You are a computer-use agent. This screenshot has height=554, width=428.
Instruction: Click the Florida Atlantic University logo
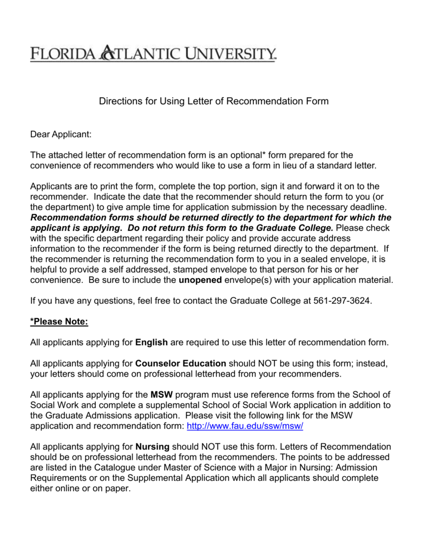pyautogui.click(x=153, y=54)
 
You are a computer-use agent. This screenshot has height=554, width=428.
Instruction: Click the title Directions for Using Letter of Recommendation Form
pyautogui.click(x=213, y=101)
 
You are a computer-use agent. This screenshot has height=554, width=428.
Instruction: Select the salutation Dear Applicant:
pyautogui.click(x=61, y=133)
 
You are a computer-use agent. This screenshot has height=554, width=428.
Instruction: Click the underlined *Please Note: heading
pyautogui.click(x=59, y=321)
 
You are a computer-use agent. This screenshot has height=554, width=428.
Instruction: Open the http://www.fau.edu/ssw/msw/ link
pyautogui.click(x=245, y=426)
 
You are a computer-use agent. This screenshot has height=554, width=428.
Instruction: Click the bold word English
pyautogui.click(x=152, y=342)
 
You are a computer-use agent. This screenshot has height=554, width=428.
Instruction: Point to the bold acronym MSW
pyautogui.click(x=162, y=394)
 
